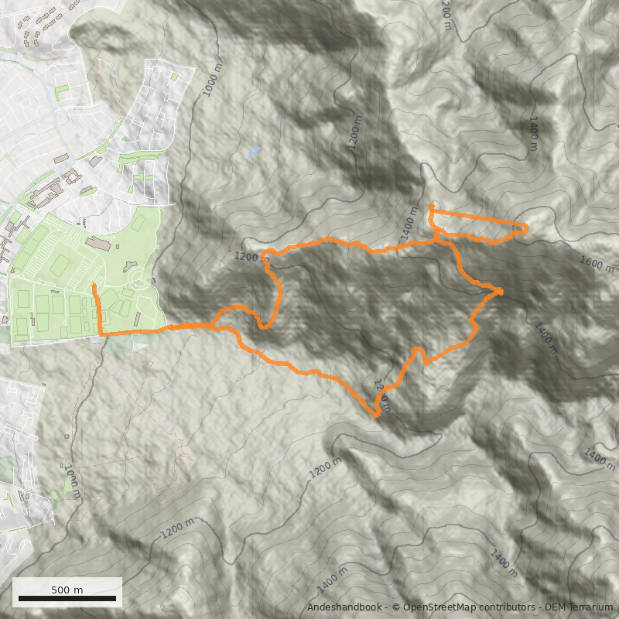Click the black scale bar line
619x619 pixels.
67,598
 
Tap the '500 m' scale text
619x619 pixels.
67,590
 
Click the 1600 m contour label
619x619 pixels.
597,265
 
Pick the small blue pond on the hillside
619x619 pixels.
254,152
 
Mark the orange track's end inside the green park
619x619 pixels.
93,286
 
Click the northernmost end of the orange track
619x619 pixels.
430,207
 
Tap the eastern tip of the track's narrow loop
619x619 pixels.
526,227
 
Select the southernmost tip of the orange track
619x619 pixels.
378,416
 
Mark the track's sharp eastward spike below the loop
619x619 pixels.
501,292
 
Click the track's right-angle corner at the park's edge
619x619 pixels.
101,334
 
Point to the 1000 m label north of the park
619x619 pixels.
212,80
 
